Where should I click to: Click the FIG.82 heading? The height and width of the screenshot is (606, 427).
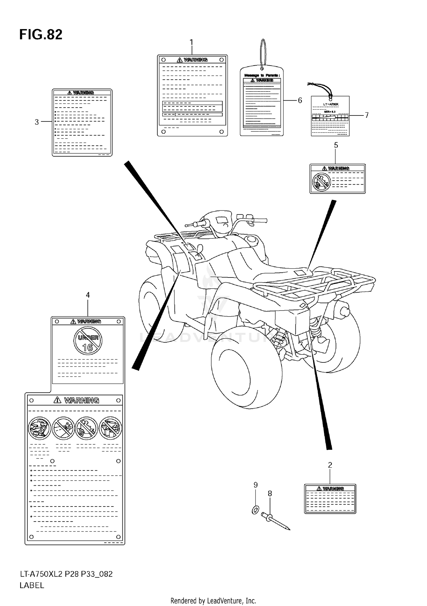[41, 35]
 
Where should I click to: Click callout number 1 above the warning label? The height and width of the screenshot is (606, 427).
[191, 42]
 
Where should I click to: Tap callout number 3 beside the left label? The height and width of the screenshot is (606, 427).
[37, 122]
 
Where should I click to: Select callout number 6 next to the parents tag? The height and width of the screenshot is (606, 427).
[300, 100]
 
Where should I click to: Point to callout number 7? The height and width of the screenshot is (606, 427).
[367, 115]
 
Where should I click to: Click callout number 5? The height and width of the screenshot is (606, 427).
[336, 145]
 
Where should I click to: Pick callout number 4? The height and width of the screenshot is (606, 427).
[88, 295]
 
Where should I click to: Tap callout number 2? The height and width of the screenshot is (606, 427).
[330, 465]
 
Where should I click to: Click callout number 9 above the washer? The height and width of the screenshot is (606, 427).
[256, 485]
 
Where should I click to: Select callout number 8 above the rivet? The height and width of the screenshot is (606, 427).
[270, 493]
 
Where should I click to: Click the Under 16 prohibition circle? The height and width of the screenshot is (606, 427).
[88, 341]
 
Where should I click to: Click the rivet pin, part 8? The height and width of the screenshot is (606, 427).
[276, 521]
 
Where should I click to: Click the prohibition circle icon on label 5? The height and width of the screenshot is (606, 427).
[321, 182]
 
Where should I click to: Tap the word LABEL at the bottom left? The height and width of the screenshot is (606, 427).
[32, 585]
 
